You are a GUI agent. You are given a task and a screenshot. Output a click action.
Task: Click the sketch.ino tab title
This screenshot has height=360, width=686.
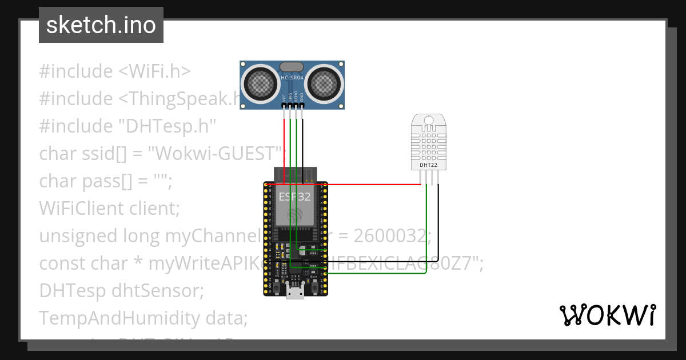[101, 26]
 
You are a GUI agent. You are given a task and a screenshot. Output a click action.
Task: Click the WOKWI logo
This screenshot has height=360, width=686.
[607, 315]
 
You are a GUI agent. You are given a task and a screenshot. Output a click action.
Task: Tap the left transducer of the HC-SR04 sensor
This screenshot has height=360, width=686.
[262, 83]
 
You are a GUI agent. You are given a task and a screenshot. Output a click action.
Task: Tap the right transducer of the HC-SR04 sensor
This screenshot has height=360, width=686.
[325, 83]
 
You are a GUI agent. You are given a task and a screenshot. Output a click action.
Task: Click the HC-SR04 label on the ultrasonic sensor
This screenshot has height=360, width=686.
[293, 77]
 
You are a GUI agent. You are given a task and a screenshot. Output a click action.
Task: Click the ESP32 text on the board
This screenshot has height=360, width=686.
[295, 197]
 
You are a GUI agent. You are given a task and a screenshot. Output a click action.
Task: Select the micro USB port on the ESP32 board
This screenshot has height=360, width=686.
[296, 293]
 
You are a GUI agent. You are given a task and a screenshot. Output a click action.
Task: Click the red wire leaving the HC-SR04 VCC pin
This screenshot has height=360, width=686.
[284, 143]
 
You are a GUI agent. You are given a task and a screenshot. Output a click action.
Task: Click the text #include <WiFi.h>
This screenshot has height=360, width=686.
[114, 71]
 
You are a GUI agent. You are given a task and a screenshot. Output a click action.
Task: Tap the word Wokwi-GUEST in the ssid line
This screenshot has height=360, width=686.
[214, 154]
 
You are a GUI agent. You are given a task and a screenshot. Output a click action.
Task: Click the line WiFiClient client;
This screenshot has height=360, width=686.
[109, 209]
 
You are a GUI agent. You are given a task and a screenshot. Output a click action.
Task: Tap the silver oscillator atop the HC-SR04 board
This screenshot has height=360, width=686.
[293, 66]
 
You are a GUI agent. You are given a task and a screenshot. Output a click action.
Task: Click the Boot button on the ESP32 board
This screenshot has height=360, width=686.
[314, 287]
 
